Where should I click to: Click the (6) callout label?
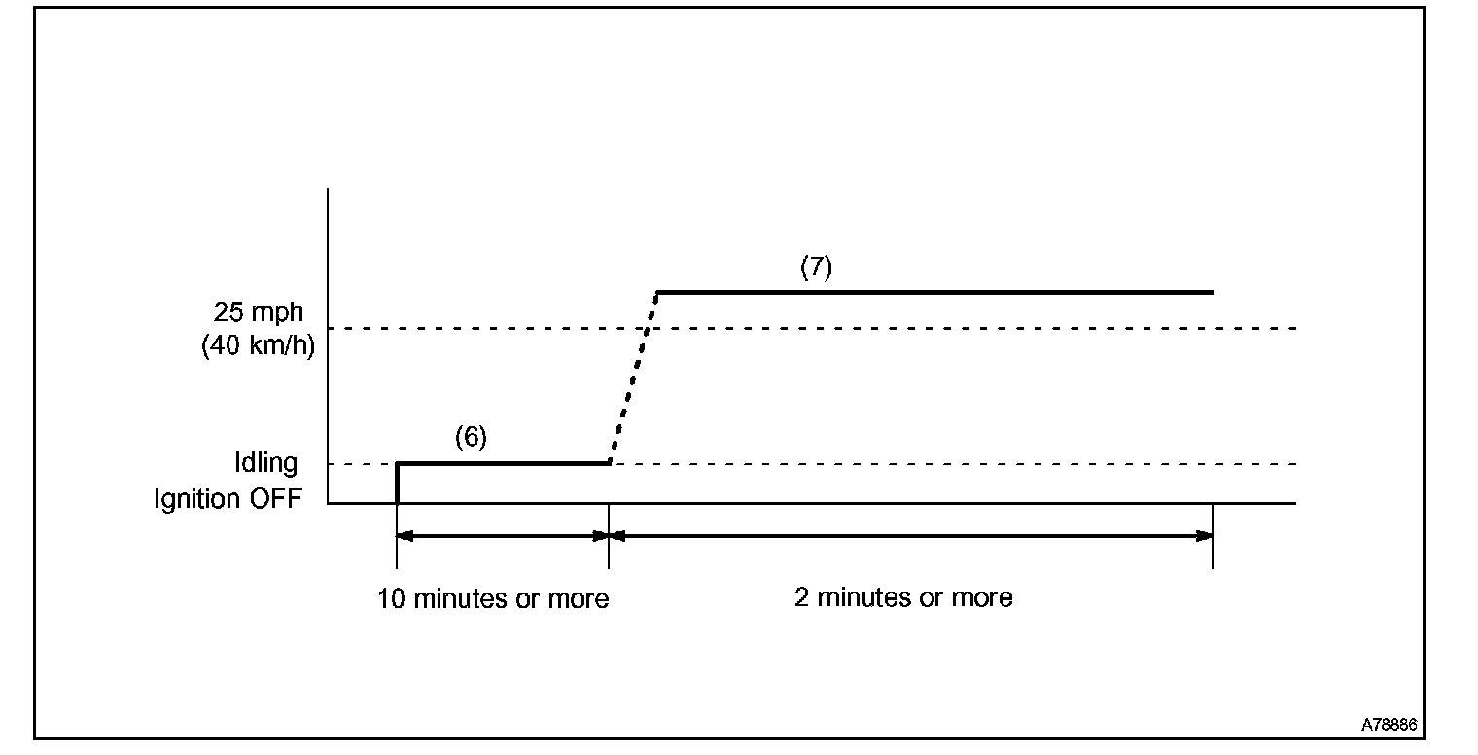pos(470,438)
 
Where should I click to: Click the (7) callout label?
pos(816,269)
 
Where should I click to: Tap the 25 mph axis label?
pos(259,313)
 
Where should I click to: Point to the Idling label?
pos(265,463)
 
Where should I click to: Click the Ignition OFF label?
pos(229,498)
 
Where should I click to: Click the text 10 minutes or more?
pos(493,598)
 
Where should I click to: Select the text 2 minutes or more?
pos(903,596)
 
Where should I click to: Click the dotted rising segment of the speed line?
pos(634,377)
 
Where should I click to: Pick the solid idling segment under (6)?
pos(503,463)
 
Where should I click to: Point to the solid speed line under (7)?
pos(933,292)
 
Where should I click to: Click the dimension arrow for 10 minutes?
pos(503,535)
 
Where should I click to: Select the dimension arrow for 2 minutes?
pos(910,535)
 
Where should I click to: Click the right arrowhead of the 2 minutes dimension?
pos(1205,535)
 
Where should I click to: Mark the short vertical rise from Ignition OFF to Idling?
pos(397,484)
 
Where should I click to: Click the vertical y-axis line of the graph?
pos(329,341)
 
